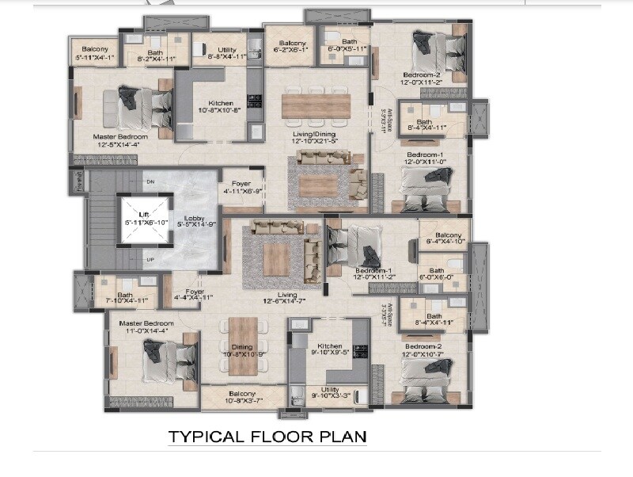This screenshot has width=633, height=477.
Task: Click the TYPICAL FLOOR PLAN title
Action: [267, 437]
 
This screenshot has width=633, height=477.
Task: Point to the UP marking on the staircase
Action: [150, 259]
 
